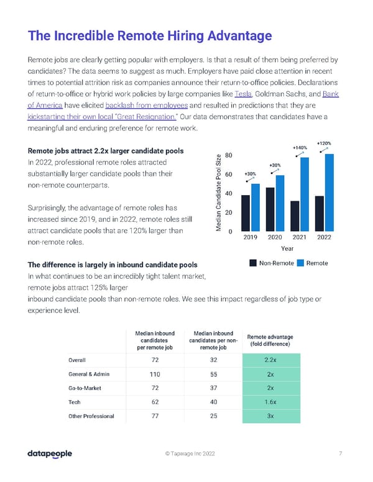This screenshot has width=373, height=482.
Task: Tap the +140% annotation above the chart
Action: click(x=300, y=147)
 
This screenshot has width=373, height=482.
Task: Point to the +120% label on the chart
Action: click(x=323, y=142)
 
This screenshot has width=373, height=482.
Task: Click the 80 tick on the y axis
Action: click(x=229, y=155)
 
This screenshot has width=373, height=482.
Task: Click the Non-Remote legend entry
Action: click(x=271, y=263)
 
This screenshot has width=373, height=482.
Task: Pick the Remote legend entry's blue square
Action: click(x=301, y=263)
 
